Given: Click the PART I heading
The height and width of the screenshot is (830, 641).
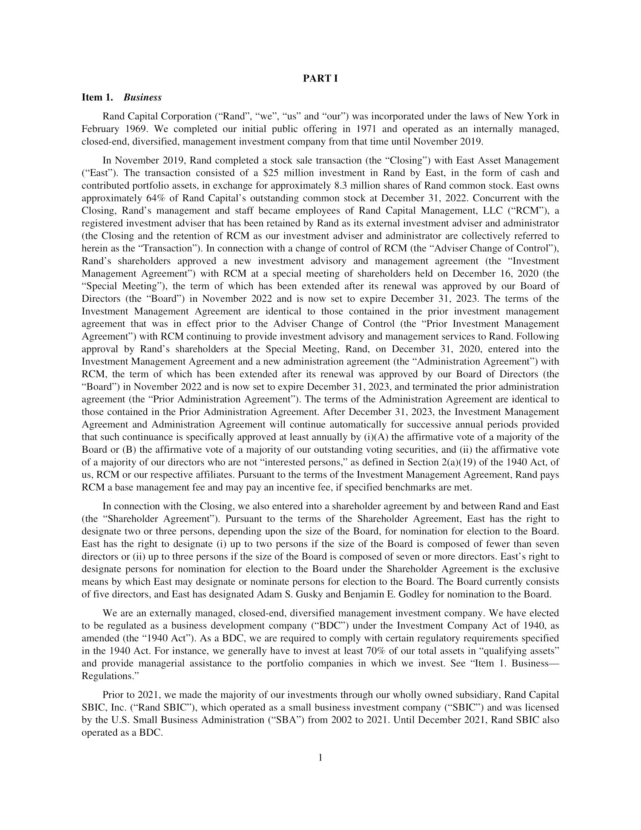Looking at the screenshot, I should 320,79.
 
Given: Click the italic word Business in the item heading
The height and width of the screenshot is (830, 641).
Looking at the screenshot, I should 143,98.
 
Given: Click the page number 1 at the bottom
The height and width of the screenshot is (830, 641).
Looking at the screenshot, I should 320,758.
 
